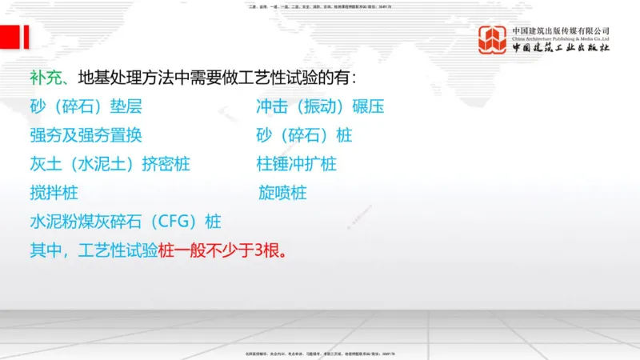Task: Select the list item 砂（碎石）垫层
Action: click(86, 107)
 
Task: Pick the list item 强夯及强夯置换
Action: click(86, 135)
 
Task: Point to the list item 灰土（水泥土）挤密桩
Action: click(110, 164)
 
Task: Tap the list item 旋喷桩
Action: click(282, 193)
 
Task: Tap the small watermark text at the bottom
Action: click(320, 353)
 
